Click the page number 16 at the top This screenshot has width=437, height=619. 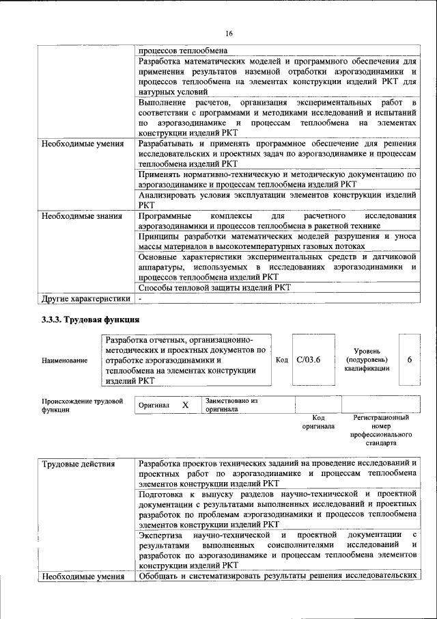(229, 34)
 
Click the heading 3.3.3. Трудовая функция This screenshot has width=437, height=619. (91, 319)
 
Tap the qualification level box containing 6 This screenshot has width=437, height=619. (409, 359)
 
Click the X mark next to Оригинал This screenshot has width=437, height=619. (185, 405)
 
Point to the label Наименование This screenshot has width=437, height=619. (64, 360)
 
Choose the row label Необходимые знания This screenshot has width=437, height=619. (83, 216)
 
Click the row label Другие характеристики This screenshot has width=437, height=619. (85, 299)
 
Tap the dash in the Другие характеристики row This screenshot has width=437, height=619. (140, 299)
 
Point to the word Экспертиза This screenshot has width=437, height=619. (162, 534)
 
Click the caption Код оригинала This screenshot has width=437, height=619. (318, 421)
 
